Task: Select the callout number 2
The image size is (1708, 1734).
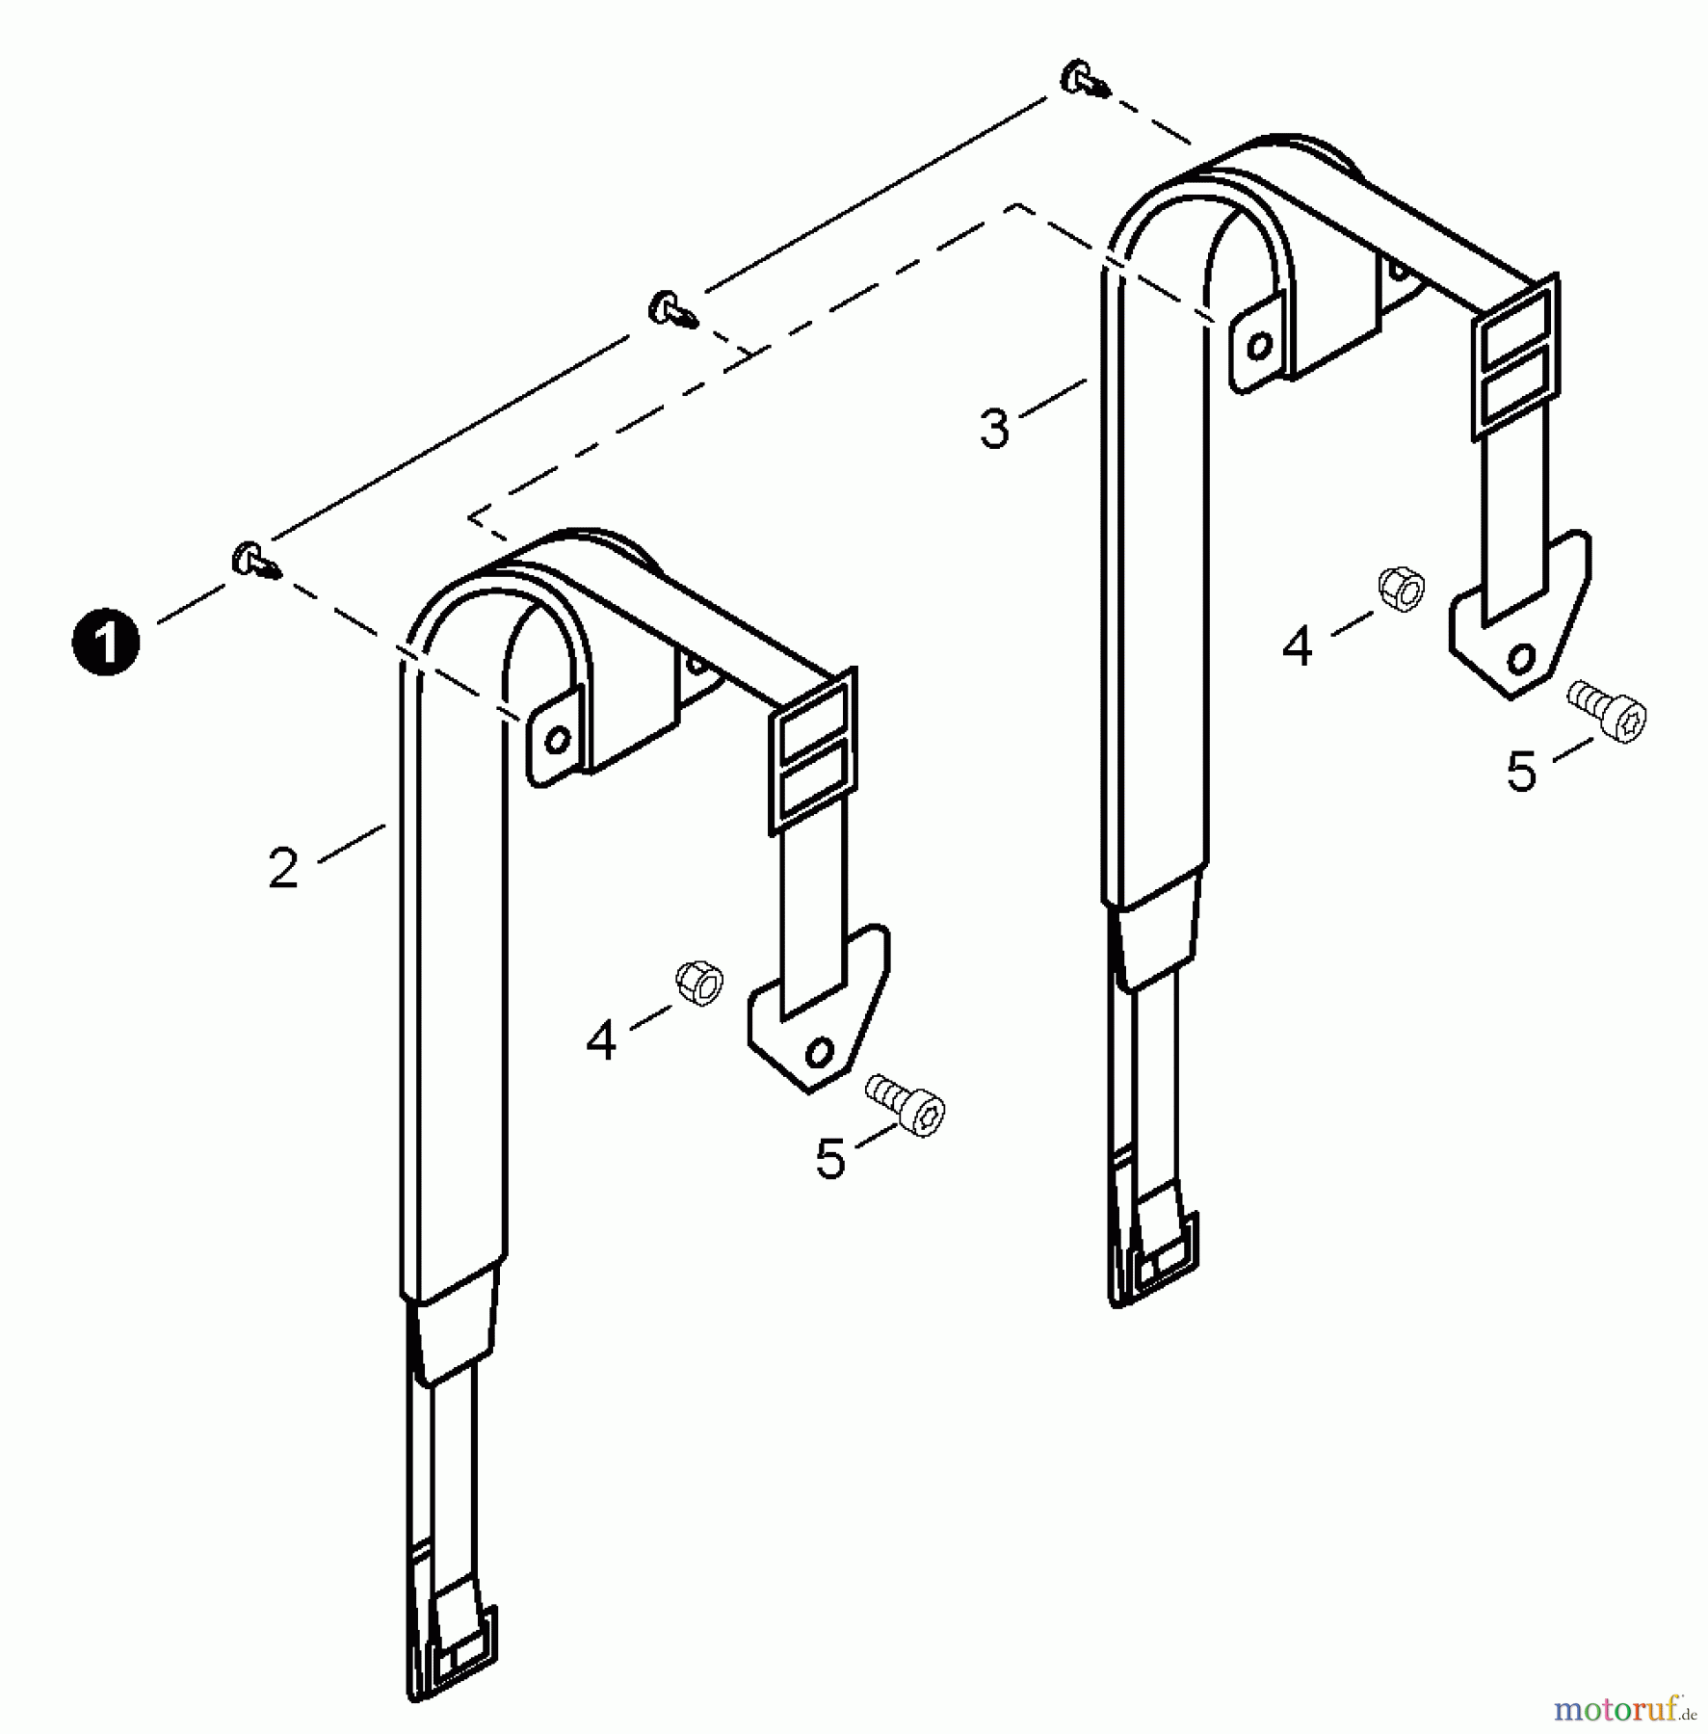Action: tap(283, 868)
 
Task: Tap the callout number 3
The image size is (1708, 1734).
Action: tap(994, 428)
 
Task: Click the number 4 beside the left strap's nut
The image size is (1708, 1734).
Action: tap(601, 1040)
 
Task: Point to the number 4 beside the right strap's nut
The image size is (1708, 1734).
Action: tap(1298, 646)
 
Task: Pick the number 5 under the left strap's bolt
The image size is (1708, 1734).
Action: tap(830, 1159)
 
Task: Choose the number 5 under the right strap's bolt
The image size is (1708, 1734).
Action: tap(1522, 772)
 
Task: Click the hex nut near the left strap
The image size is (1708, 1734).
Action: tap(700, 983)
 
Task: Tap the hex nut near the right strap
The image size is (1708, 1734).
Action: tap(1402, 589)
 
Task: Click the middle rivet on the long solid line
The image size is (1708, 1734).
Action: tap(671, 309)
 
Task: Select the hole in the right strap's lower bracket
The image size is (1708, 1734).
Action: tap(1521, 659)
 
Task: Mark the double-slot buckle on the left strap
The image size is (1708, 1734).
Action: tap(812, 751)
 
